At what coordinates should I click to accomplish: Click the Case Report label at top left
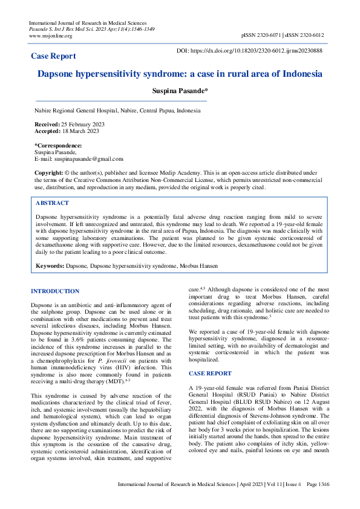(53, 56)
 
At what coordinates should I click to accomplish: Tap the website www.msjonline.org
(50, 36)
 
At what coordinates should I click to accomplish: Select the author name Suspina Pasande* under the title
(180, 91)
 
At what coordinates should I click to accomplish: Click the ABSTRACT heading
(52, 203)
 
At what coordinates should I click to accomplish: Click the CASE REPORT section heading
(210, 374)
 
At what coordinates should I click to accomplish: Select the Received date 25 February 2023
(83, 124)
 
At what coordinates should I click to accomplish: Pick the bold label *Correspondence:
(58, 146)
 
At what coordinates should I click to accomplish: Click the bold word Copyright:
(48, 172)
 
